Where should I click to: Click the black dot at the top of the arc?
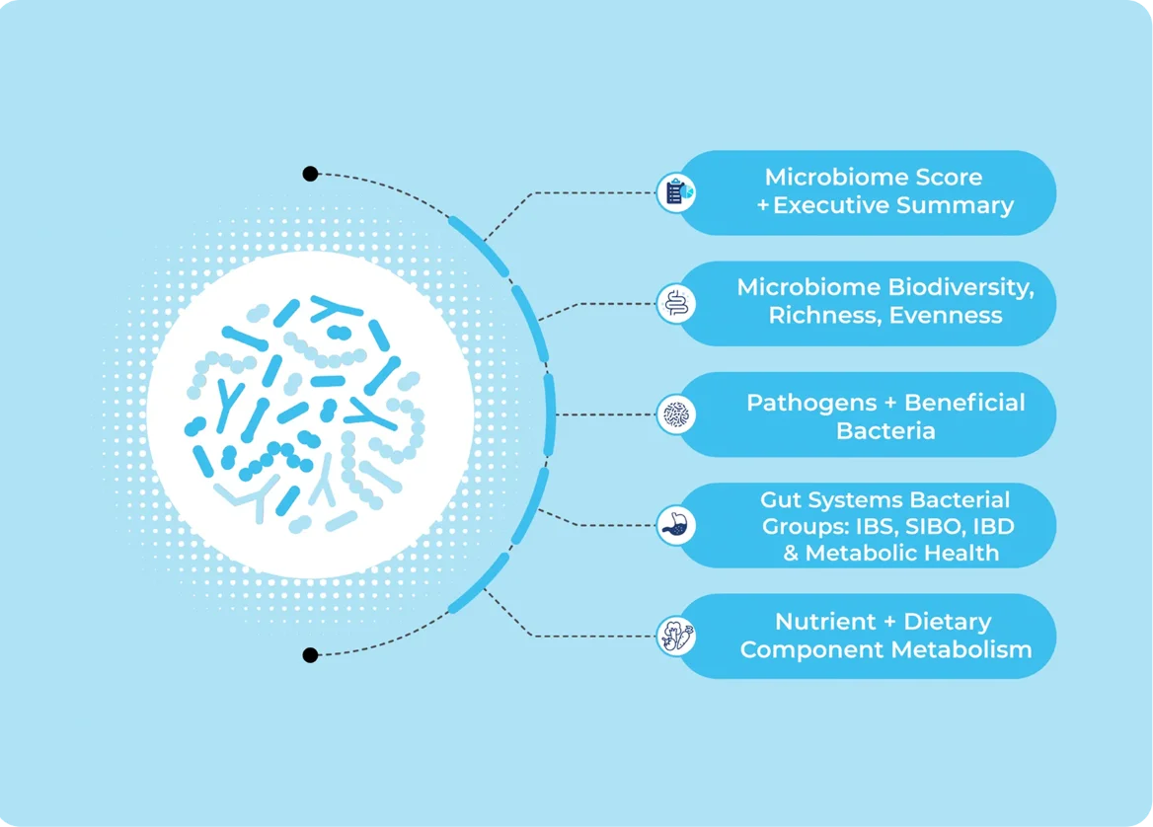pos(310,175)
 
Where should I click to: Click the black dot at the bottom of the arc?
pos(310,655)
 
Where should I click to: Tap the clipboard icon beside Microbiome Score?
pos(676,192)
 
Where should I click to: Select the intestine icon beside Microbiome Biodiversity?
pos(676,304)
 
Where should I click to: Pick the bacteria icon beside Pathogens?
pos(676,414)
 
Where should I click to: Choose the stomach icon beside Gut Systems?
pos(676,526)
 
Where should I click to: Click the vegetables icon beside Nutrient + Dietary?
pos(676,637)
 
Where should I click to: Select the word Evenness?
pos(946,316)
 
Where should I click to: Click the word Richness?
pos(825,316)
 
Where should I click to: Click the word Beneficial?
pos(964,402)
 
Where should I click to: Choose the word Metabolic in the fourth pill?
pos(858,553)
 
